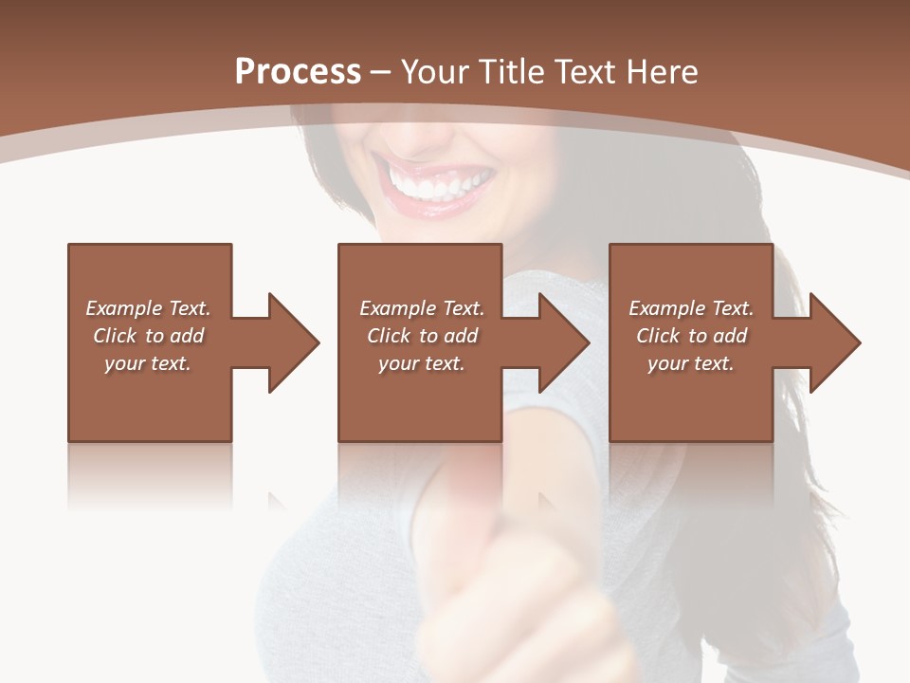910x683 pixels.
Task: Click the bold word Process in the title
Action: [x=298, y=72]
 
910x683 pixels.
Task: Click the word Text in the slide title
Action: [x=586, y=72]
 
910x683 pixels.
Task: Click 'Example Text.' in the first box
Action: [x=148, y=308]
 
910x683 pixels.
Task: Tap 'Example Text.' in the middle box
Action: [x=422, y=308]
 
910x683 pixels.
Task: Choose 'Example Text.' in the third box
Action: [x=691, y=308]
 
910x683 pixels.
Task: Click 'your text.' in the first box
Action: [x=148, y=363]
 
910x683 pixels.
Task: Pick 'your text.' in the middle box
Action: [x=422, y=363]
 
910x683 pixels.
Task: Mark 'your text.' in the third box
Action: [x=691, y=363]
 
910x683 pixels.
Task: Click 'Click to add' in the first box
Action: [x=148, y=336]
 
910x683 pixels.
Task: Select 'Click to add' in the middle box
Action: [x=422, y=336]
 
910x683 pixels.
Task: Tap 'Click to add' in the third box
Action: [x=691, y=336]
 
